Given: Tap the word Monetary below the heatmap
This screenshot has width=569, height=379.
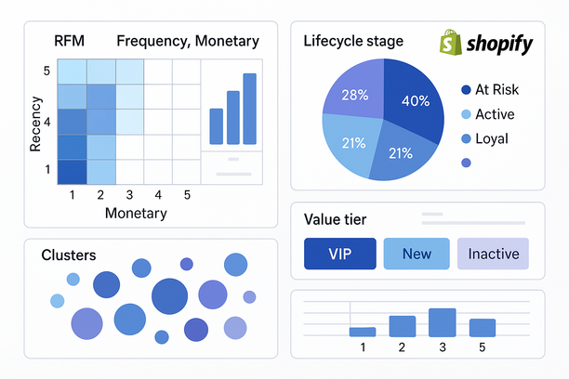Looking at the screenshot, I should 136,213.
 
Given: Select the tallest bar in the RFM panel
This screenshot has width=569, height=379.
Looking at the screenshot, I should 249,109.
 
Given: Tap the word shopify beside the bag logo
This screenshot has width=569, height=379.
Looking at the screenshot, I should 500,45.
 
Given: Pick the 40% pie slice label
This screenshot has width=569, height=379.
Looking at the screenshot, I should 416,100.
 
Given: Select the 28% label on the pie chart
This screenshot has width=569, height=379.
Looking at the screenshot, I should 356,95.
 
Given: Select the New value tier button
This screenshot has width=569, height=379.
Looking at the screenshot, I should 416,254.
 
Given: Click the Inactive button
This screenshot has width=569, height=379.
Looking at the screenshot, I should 493,254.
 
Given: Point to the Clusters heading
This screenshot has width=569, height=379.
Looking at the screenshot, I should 68,255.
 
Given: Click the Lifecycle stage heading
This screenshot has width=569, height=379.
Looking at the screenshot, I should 353,41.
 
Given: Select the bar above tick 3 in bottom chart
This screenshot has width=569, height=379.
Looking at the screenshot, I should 442,322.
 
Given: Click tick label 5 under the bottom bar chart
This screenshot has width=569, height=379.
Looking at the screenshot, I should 482,347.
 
